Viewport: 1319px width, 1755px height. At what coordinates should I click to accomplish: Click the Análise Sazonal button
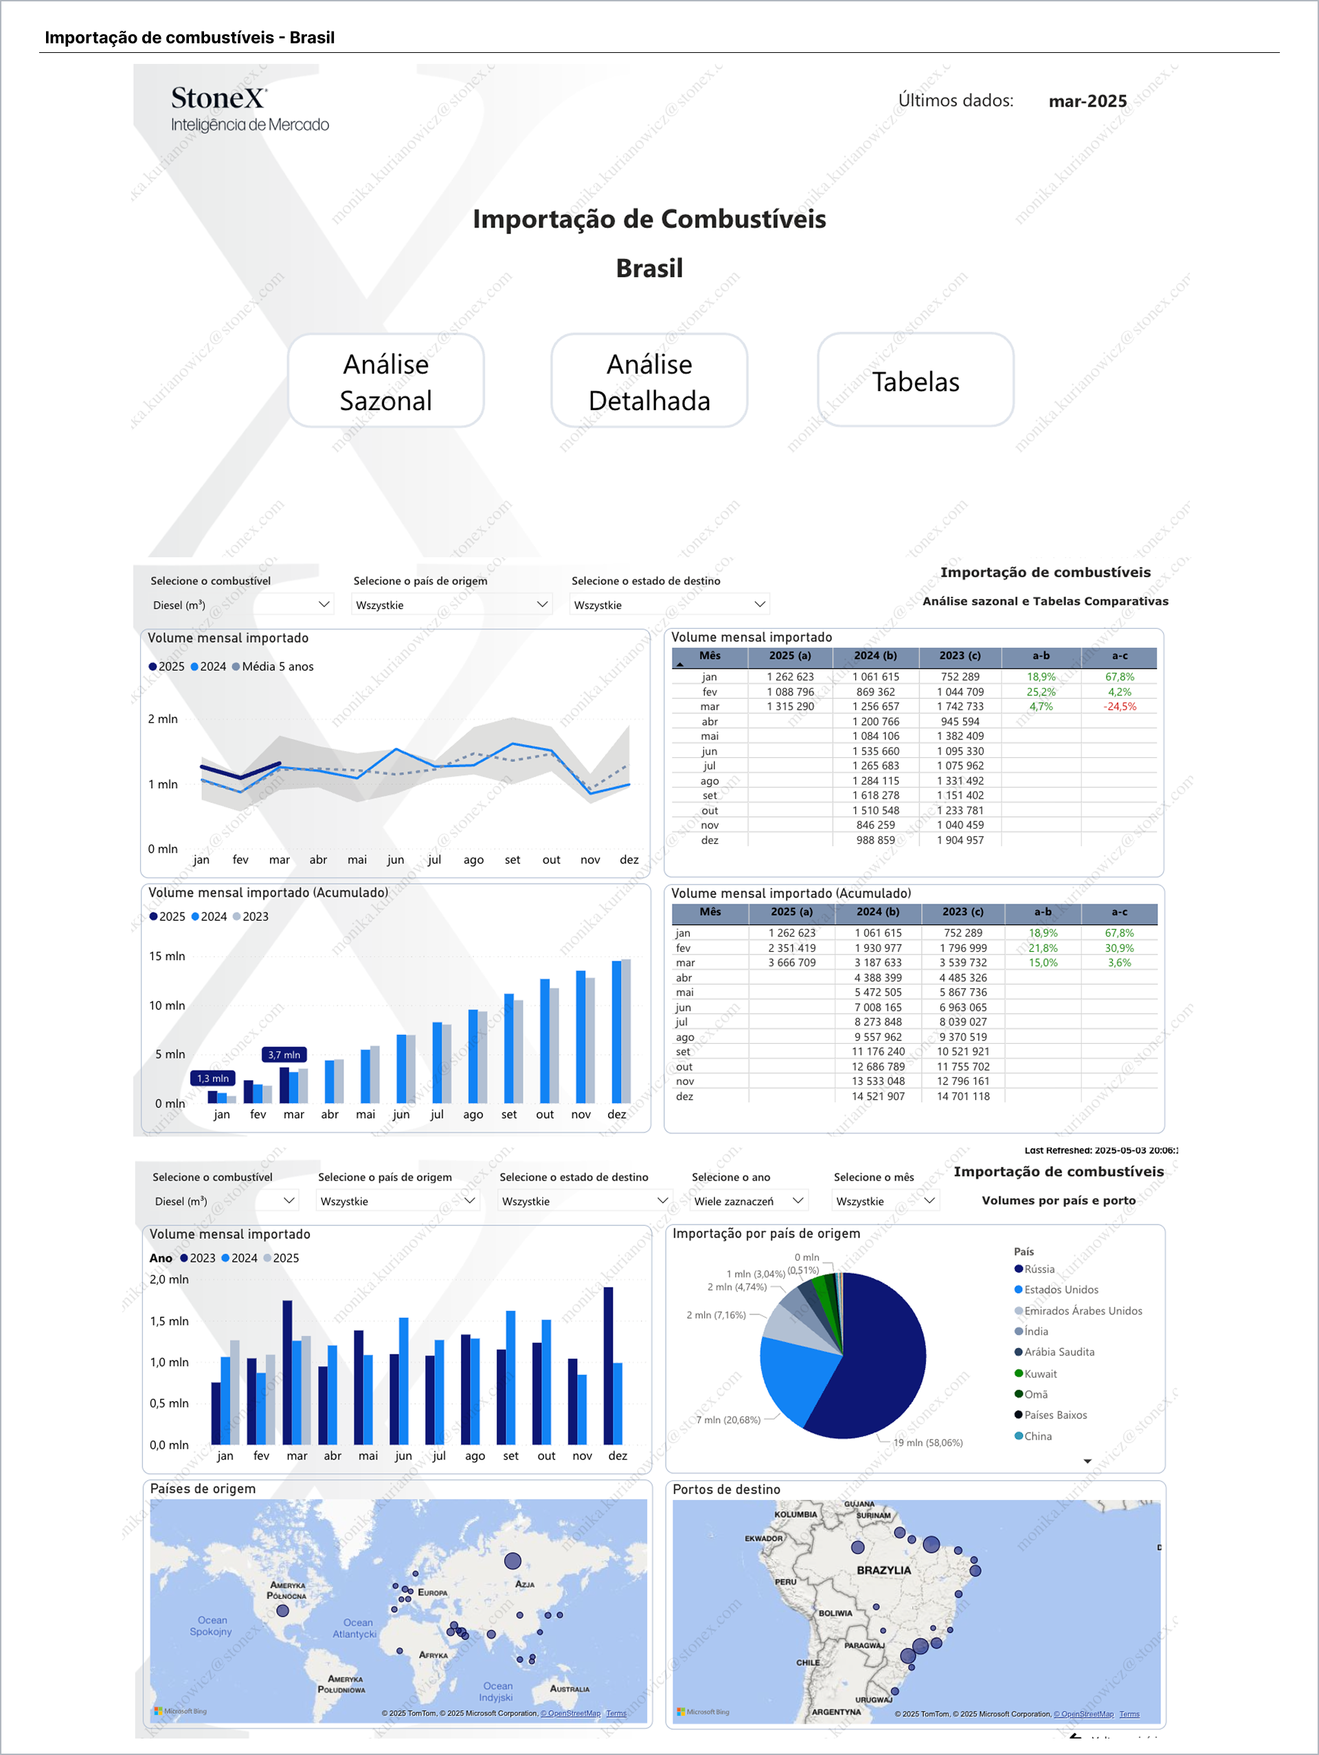click(385, 381)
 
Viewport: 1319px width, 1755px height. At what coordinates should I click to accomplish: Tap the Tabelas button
click(915, 381)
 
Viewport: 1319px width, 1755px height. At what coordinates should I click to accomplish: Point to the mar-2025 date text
click(1087, 102)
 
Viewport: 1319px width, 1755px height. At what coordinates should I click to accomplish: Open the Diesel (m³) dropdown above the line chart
click(241, 605)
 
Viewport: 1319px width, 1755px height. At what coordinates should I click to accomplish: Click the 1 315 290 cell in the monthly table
click(790, 707)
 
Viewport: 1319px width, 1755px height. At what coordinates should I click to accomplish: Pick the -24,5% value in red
click(1119, 707)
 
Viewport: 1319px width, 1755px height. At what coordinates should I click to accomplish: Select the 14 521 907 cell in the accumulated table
click(878, 1097)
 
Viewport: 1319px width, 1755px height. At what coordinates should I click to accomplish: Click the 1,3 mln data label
click(212, 1078)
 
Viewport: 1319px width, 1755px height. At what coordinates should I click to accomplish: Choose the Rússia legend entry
click(1039, 1268)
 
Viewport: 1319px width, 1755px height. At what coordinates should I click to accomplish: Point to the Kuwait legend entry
click(1040, 1374)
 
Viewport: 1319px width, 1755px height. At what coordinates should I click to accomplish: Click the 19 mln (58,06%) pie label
click(928, 1442)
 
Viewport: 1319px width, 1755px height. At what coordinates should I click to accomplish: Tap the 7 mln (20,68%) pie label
click(728, 1420)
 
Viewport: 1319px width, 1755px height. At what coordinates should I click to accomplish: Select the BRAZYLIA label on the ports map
click(883, 1570)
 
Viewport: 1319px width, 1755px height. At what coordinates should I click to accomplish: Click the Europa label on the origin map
click(432, 1592)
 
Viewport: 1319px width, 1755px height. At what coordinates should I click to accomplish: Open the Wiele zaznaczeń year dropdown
click(749, 1201)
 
